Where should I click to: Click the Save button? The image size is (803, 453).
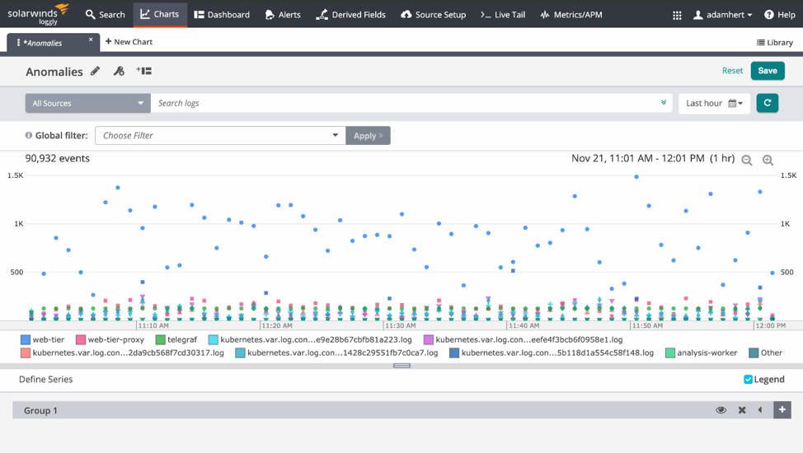click(767, 71)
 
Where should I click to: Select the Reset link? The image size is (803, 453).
click(732, 71)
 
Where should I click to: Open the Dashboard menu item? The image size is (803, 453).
click(222, 14)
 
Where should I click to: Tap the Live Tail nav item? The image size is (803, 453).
click(503, 14)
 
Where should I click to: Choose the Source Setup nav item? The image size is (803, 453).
click(433, 14)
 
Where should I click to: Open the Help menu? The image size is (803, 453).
click(779, 14)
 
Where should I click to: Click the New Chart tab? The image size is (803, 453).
click(129, 42)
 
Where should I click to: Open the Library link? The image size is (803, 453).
click(774, 43)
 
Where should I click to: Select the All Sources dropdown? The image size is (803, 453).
click(87, 103)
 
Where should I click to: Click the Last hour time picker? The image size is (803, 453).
click(714, 103)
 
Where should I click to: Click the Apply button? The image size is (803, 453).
click(368, 135)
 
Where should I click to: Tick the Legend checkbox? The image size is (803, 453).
click(749, 380)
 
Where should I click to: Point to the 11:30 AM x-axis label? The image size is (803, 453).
click(401, 326)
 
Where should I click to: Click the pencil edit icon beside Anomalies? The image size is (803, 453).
click(96, 72)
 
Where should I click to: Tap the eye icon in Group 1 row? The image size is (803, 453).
click(721, 410)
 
